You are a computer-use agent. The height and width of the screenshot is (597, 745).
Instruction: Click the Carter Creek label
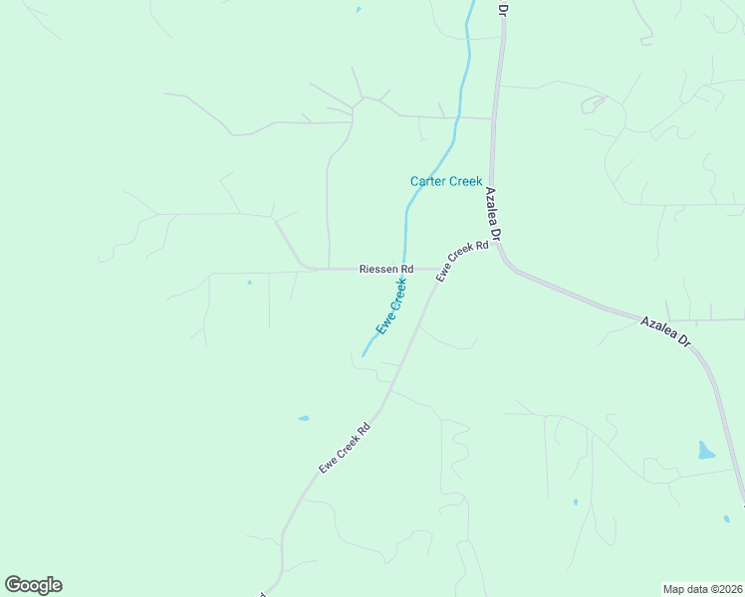445,181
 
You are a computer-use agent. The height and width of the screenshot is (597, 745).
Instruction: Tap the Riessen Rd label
385,269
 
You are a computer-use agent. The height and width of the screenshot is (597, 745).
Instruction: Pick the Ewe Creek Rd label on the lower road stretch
345,447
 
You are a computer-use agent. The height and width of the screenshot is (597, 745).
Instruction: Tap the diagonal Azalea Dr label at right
664,330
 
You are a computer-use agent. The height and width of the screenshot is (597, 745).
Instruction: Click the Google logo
33,585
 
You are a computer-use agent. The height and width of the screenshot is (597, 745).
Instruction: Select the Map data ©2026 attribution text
702,588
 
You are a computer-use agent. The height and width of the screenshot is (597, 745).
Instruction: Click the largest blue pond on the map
706,450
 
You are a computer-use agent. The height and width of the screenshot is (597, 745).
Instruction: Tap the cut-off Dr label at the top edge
503,7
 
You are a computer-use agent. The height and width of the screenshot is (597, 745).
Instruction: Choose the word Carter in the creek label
427,181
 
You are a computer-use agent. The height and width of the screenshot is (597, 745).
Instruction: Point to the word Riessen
378,269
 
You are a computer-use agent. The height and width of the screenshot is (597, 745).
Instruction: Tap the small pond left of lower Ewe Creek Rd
303,418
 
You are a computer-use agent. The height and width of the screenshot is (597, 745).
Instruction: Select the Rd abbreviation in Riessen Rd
406,269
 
